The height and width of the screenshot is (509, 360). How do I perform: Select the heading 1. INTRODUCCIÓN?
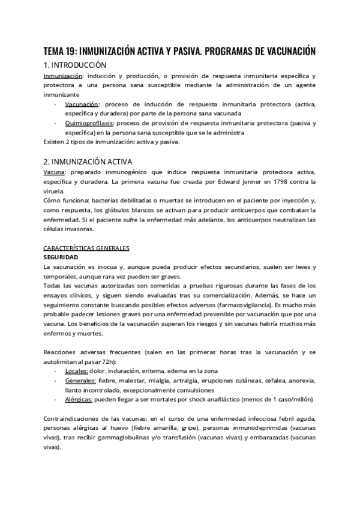pyautogui.click(x=75, y=65)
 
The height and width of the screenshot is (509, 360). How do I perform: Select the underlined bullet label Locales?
pyautogui.click(x=76, y=372)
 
